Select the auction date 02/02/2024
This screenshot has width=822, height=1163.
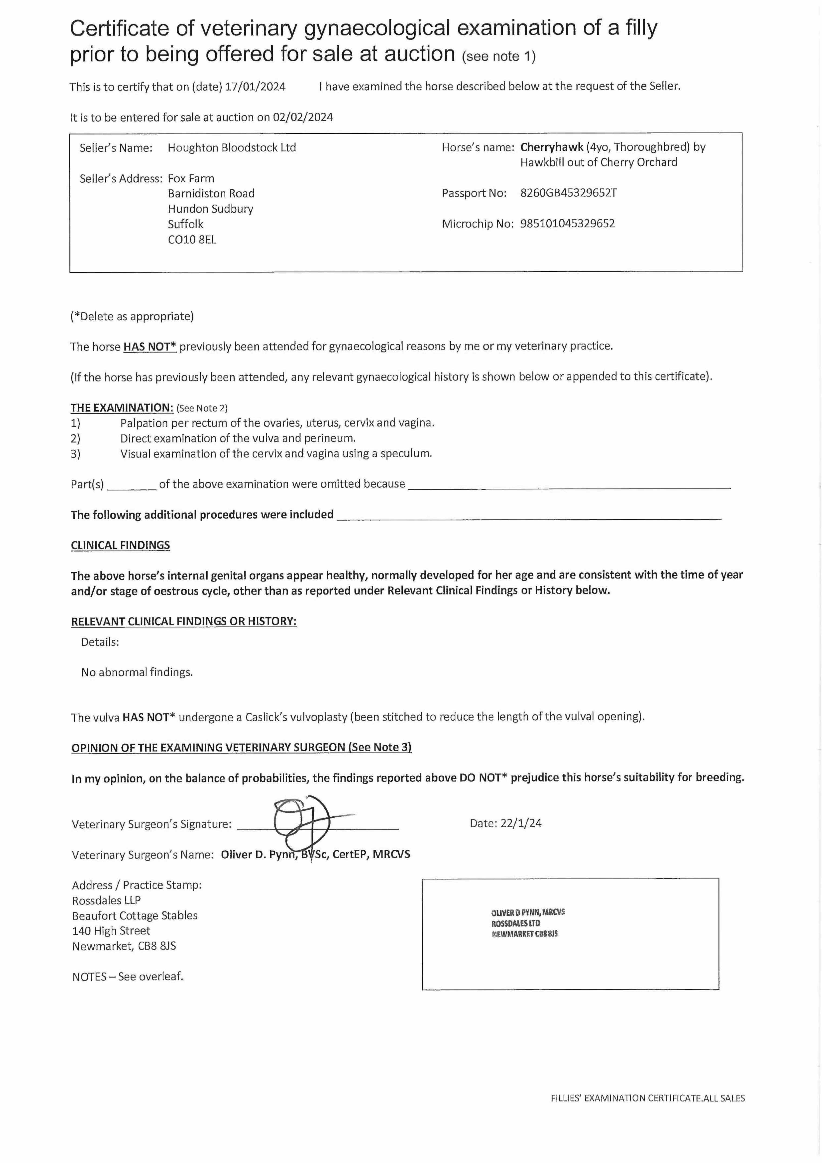303,117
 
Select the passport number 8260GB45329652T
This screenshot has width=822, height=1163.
568,193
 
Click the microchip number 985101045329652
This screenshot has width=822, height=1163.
567,223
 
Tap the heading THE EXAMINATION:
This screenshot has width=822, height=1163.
122,408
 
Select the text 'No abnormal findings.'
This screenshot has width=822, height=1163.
137,672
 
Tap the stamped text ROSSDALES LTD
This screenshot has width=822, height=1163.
516,923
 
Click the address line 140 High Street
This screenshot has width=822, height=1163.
111,930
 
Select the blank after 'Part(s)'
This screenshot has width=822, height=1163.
132,485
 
